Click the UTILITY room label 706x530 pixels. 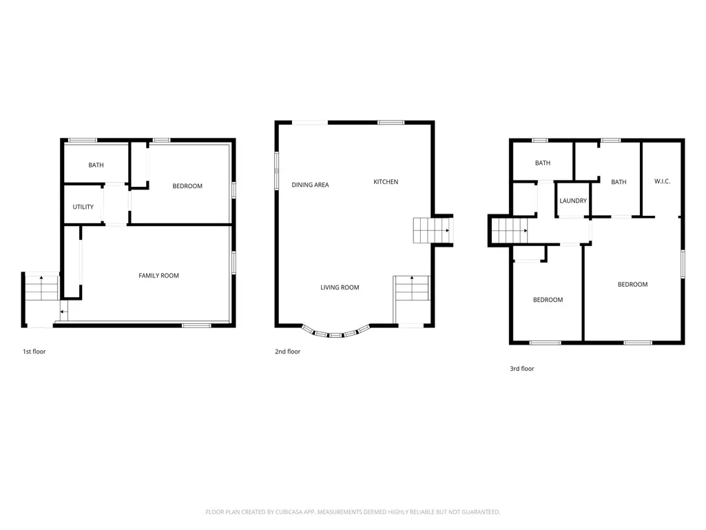(x=83, y=207)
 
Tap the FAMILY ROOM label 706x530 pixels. (x=158, y=276)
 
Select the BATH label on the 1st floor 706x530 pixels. (x=96, y=165)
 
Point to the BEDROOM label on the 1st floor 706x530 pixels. (x=187, y=185)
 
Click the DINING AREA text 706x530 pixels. (x=310, y=185)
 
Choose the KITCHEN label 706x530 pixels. (x=386, y=182)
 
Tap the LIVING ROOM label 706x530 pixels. (x=340, y=287)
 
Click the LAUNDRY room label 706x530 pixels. (x=573, y=201)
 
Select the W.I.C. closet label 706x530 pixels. (x=663, y=181)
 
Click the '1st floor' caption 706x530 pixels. (x=34, y=351)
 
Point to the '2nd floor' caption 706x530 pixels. (x=288, y=351)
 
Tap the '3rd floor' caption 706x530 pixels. (x=522, y=369)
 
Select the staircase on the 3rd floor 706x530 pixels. (x=509, y=230)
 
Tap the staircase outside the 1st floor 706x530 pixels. (x=41, y=288)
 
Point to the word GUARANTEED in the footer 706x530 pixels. (x=481, y=512)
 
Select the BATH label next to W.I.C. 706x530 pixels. (x=619, y=182)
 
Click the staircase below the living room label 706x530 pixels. (x=412, y=288)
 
